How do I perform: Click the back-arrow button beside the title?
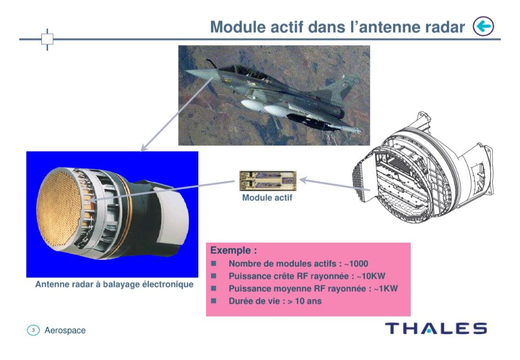point(483,26)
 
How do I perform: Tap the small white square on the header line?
point(47,39)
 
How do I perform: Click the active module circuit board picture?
point(268,180)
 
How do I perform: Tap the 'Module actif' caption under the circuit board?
point(267,198)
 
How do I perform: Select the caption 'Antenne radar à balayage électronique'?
point(114,284)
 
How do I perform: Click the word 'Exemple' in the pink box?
point(230,250)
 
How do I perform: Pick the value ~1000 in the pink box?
point(356,264)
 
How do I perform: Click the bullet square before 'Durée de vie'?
point(214,301)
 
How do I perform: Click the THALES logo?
point(436,329)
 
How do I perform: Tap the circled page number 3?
point(33,330)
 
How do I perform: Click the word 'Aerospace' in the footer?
point(65,331)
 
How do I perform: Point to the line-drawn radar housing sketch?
point(423,169)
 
